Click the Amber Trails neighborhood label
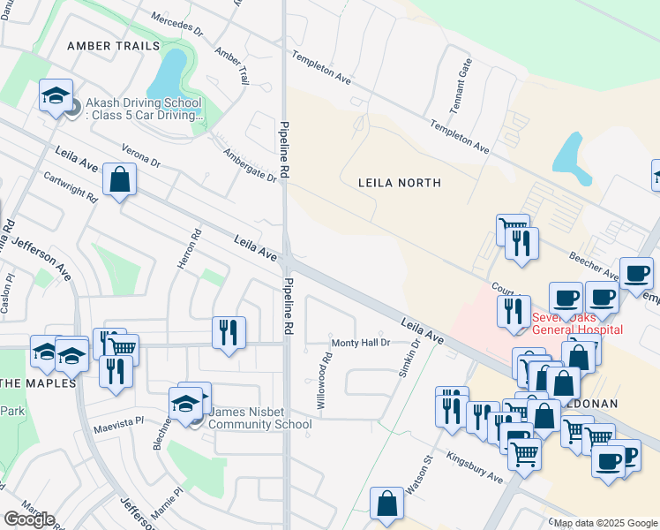pos(114,45)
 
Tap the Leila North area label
pos(399,183)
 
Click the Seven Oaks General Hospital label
pos(577,323)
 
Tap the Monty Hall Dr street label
pos(360,343)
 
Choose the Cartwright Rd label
pos(70,187)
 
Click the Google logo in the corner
pos(30,519)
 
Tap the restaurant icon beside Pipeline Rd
pos(229,332)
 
